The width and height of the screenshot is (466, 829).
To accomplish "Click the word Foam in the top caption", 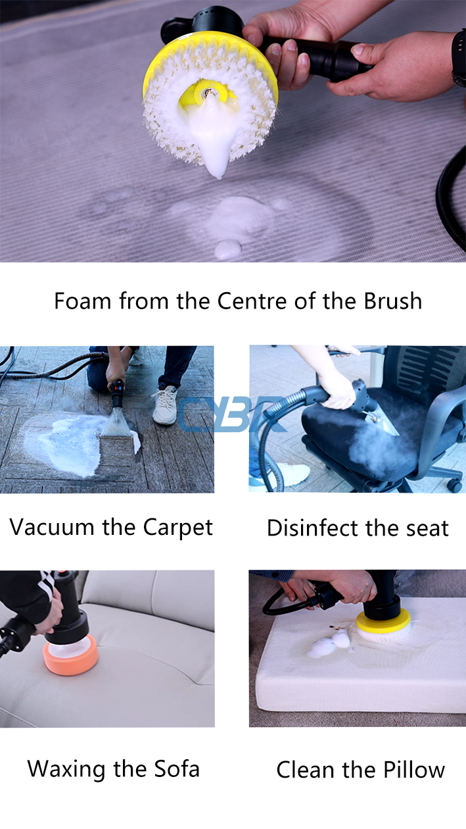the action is coord(82,301).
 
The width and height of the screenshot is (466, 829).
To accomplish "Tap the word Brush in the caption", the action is coord(393,301).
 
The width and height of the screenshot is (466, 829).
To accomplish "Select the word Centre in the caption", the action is coord(252,301).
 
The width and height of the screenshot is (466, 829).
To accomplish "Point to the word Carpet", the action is coord(178,528).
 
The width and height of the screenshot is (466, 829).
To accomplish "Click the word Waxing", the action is coord(66,769).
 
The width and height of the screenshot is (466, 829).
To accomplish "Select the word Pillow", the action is coord(414,770).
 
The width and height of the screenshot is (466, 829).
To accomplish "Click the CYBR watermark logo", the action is coord(232,414).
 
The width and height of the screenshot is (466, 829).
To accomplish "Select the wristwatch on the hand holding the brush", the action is coord(459,57).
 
